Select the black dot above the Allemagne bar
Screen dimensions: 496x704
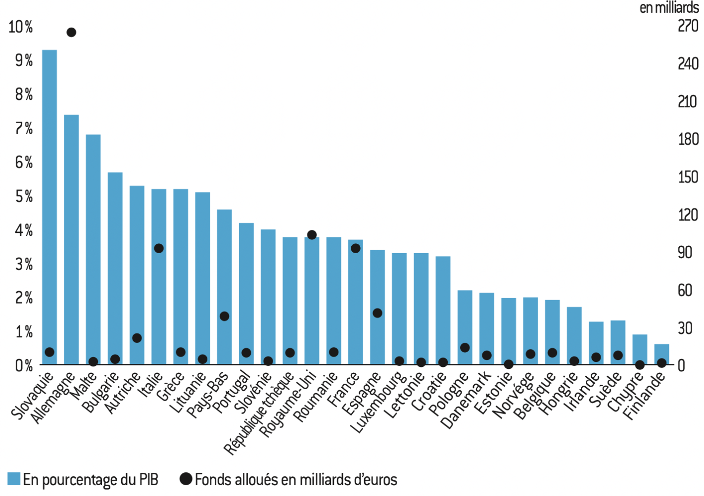pos(71,33)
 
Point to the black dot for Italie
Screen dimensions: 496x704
pos(159,248)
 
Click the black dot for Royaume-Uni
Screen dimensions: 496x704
pos(312,235)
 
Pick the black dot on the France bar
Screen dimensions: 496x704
pos(355,248)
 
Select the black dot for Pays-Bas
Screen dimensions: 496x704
pos(224,316)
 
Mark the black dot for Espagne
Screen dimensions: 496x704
pos(377,313)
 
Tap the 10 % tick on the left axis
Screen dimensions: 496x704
pos(21,27)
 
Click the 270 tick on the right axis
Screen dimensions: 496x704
pos(688,26)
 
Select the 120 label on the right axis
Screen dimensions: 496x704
pos(688,215)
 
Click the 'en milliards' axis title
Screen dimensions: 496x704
pos(669,8)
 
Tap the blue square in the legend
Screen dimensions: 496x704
pos(14,479)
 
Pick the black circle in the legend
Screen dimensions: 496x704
pos(186,479)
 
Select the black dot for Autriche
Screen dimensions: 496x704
pos(137,338)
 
